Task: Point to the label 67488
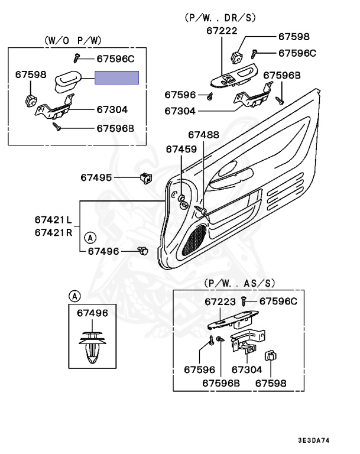(x=203, y=135)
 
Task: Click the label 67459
(x=181, y=150)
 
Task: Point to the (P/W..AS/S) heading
(x=239, y=284)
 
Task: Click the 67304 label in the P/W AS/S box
(x=245, y=369)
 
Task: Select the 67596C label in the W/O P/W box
(x=115, y=58)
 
